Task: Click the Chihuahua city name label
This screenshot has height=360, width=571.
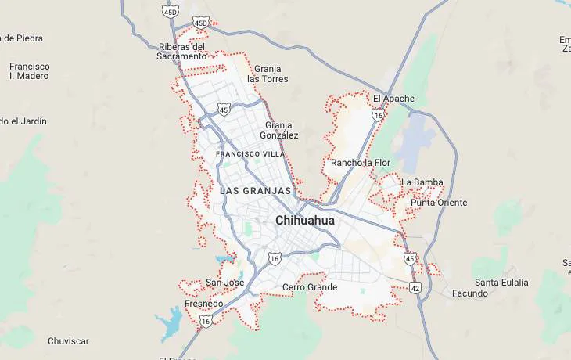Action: coord(304,221)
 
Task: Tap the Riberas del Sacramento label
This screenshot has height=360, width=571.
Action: coord(181,51)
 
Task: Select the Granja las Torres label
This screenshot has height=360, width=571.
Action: coord(268,74)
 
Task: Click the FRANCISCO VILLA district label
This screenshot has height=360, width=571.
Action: coord(250,154)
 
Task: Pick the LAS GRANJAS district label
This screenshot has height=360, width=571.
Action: coord(256,190)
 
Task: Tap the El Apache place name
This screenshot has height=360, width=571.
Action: coord(393,99)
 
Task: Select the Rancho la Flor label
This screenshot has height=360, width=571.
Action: coord(360,163)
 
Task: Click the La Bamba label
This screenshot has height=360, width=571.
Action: coord(422,182)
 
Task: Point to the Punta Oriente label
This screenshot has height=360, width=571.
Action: coord(439,203)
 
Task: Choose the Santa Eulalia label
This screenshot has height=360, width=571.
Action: coord(501,283)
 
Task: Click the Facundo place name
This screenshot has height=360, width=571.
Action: coord(470,293)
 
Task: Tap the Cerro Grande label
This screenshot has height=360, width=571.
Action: coord(310,287)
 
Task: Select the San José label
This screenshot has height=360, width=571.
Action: coord(224,283)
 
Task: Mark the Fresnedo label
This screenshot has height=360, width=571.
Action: coord(203,304)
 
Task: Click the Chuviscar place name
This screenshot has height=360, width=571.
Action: coord(68,341)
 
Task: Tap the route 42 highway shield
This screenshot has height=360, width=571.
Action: coord(415,288)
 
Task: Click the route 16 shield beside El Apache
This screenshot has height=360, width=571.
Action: coord(378,115)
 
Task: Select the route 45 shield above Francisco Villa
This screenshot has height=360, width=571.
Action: coord(224,110)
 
